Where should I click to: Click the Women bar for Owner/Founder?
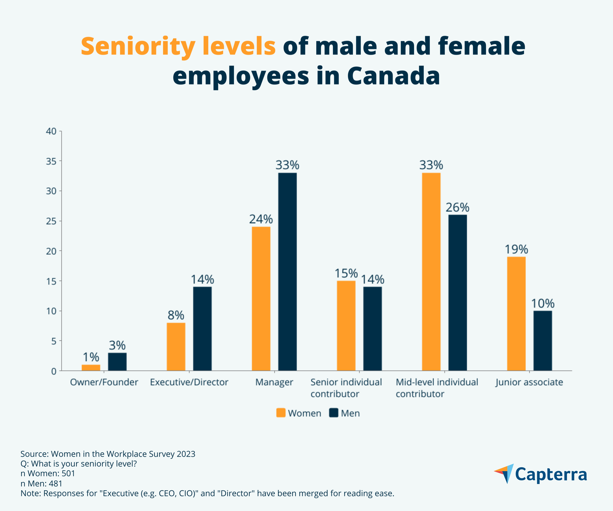(x=91, y=368)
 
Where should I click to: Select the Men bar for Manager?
(x=287, y=272)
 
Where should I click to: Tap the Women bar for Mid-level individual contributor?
(x=431, y=272)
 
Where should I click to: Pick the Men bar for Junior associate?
(x=543, y=341)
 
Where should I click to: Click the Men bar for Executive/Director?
(x=202, y=329)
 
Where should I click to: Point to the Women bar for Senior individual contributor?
(x=346, y=326)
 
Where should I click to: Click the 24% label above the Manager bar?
(x=261, y=219)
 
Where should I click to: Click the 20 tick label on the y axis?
(x=51, y=251)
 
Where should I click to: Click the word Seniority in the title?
(x=138, y=47)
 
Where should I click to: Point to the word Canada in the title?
(x=393, y=76)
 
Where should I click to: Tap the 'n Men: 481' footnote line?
(x=42, y=484)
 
